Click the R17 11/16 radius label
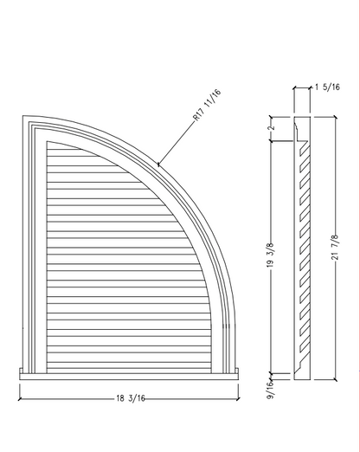click(207, 105)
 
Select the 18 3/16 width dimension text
click(131, 398)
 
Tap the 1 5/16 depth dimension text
click(327, 87)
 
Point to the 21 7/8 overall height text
click(335, 247)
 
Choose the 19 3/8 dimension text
click(270, 255)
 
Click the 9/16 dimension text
click(270, 390)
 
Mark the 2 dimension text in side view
click(272, 128)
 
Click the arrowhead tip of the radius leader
click(157, 165)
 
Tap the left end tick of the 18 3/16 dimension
click(20, 399)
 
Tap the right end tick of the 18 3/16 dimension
click(238, 399)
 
